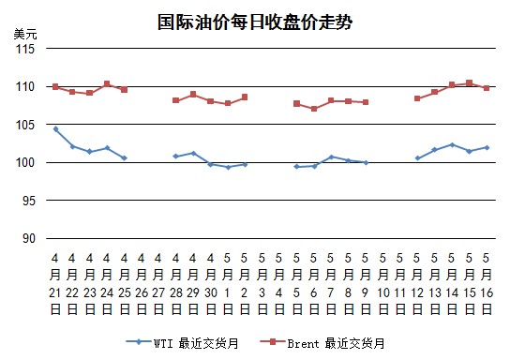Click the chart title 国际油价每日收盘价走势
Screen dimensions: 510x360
(x=255, y=22)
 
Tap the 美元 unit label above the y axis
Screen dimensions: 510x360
(x=25, y=34)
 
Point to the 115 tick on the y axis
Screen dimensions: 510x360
(x=25, y=49)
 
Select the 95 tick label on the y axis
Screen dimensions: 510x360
(x=29, y=201)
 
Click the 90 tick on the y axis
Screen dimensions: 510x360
(x=29, y=239)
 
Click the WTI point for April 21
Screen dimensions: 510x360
(x=55, y=129)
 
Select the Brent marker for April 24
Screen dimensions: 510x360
(x=107, y=83)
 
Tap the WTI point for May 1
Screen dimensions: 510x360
(x=228, y=167)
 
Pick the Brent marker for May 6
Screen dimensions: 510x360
(x=314, y=109)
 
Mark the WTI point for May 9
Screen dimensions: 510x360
(x=366, y=162)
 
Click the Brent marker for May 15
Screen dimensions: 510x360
(x=469, y=83)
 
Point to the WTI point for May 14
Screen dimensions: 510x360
(x=452, y=144)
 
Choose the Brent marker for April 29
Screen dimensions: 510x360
(x=193, y=95)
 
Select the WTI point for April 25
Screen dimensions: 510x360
(x=124, y=158)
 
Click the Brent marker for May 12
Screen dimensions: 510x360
(x=417, y=98)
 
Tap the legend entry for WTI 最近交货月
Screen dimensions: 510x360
(x=183, y=343)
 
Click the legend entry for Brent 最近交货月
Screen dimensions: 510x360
(x=322, y=343)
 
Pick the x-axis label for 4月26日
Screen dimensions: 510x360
(x=142, y=284)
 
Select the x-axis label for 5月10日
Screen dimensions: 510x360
(x=382, y=284)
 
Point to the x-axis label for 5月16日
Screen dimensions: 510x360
(x=487, y=284)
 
